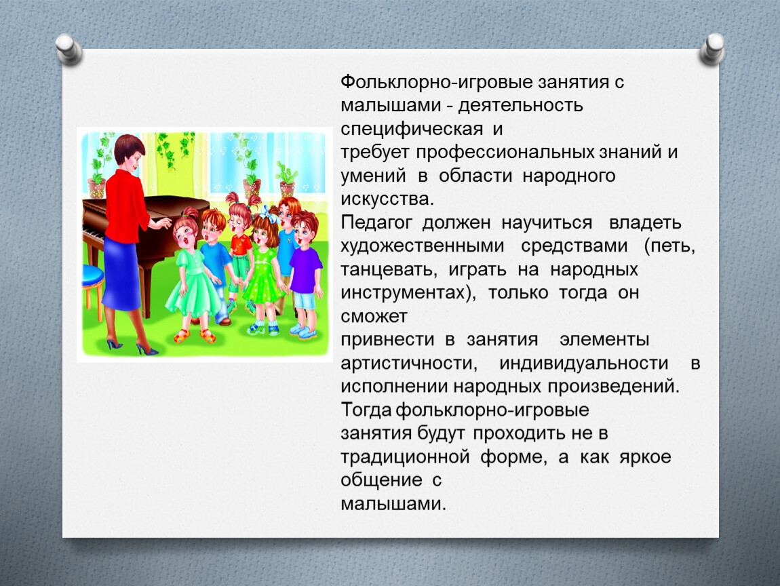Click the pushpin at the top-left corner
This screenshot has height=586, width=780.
pos(69,49)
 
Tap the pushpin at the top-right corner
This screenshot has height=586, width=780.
pos(712,49)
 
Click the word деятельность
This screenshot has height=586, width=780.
pos(520,105)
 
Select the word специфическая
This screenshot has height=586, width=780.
pos(412,130)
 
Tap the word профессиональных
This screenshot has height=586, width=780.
pos(505,152)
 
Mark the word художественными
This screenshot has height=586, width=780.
pos(423,246)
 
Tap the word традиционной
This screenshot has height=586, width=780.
pos(405,456)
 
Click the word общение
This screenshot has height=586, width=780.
pos(381,480)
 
